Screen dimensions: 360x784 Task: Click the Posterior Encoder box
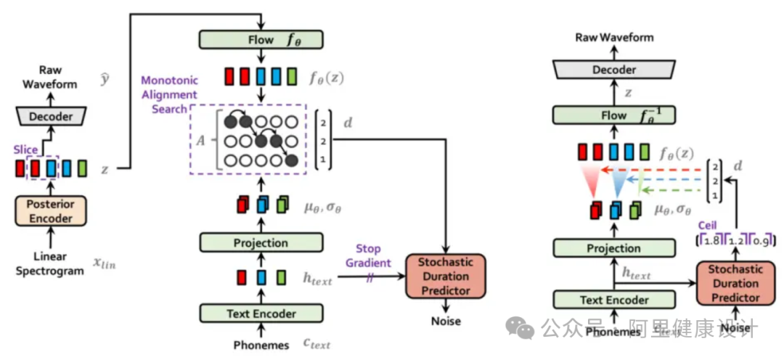[x=50, y=210]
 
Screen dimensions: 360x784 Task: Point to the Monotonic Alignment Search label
[x=169, y=94]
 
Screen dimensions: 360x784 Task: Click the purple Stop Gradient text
[x=372, y=256]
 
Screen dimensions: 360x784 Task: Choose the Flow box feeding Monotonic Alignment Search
[x=260, y=39]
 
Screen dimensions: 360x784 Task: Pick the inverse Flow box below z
[x=614, y=115]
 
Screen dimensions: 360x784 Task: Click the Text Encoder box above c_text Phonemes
[x=260, y=314]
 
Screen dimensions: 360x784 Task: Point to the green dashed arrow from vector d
[x=668, y=192]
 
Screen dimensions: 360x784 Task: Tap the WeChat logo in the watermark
[x=520, y=329]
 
